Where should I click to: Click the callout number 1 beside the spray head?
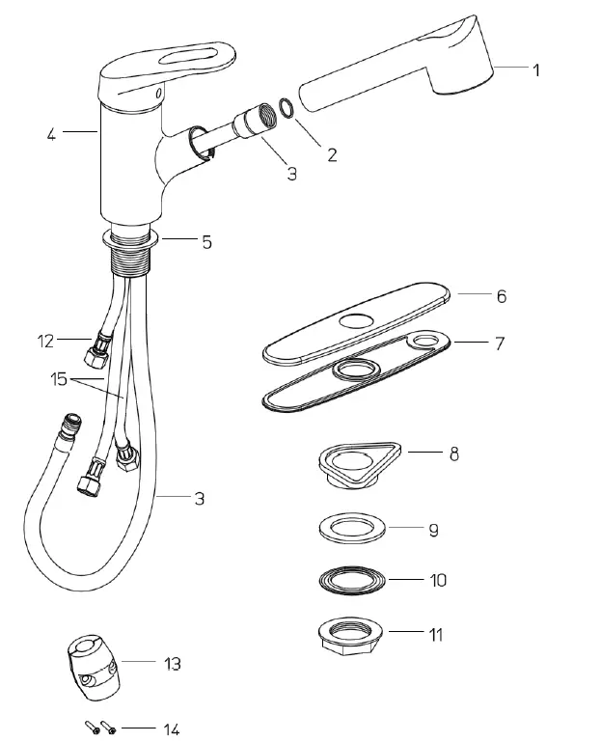click(536, 69)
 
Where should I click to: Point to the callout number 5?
click(206, 242)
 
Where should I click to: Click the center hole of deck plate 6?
click(358, 321)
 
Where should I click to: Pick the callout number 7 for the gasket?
click(501, 343)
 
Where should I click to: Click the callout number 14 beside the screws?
click(171, 728)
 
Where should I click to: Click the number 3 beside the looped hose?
click(199, 499)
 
